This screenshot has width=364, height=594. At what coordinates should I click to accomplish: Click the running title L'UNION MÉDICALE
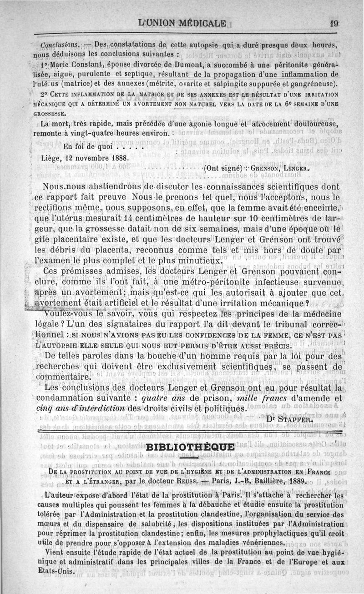click(x=186, y=22)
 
